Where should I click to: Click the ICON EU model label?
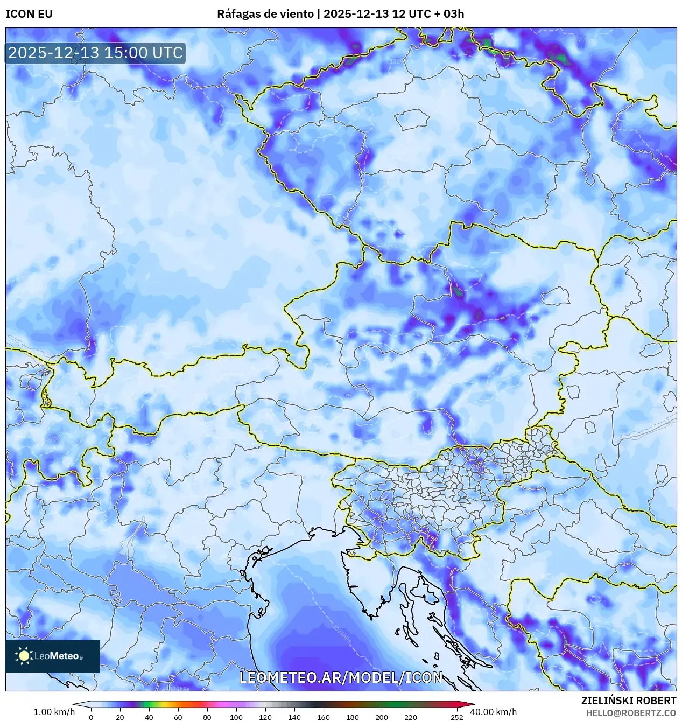point(29,14)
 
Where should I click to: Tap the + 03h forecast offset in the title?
point(451,14)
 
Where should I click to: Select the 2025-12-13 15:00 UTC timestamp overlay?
point(95,53)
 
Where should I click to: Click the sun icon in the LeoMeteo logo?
point(24,655)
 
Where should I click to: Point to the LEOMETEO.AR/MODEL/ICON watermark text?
point(341,677)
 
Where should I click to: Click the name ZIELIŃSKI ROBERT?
point(628,701)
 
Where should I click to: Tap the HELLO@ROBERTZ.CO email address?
point(631,712)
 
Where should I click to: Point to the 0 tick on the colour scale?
point(90,717)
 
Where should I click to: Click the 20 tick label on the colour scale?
point(119,717)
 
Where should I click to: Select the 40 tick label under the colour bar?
point(149,717)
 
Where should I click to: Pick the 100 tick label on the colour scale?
point(236,717)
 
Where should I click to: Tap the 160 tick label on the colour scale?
point(323,717)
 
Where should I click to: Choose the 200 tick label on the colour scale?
point(381,717)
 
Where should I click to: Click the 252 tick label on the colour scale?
point(456,717)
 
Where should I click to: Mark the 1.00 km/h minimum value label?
point(54,712)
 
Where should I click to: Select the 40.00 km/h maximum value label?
point(493,712)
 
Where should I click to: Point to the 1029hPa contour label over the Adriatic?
point(342,634)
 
